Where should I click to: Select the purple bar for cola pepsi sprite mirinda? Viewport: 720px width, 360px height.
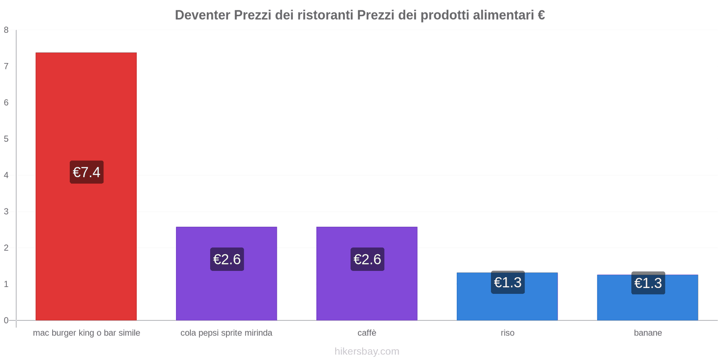[226, 292]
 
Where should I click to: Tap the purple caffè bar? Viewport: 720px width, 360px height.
[367, 292]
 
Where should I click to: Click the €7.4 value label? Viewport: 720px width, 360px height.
[86, 172]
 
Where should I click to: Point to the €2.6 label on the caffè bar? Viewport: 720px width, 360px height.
[367, 259]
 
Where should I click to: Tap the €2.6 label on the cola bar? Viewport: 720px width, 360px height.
[227, 259]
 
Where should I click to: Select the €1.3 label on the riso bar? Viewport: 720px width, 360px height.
[508, 282]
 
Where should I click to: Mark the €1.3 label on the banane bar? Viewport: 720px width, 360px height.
[648, 283]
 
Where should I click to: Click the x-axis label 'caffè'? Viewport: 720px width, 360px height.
[367, 333]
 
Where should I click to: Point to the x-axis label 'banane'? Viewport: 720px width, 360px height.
[648, 333]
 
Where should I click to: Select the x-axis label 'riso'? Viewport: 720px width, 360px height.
[507, 333]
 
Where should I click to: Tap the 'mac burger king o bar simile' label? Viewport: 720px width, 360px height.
[86, 333]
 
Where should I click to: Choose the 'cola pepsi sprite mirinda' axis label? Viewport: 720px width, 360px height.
[226, 333]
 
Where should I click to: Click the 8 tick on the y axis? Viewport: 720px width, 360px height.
[6, 30]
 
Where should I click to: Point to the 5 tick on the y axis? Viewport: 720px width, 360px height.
[6, 139]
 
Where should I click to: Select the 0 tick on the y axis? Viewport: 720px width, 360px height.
[6, 320]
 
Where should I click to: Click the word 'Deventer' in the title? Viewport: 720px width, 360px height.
[202, 15]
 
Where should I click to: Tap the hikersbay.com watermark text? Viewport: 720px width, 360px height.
[367, 351]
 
